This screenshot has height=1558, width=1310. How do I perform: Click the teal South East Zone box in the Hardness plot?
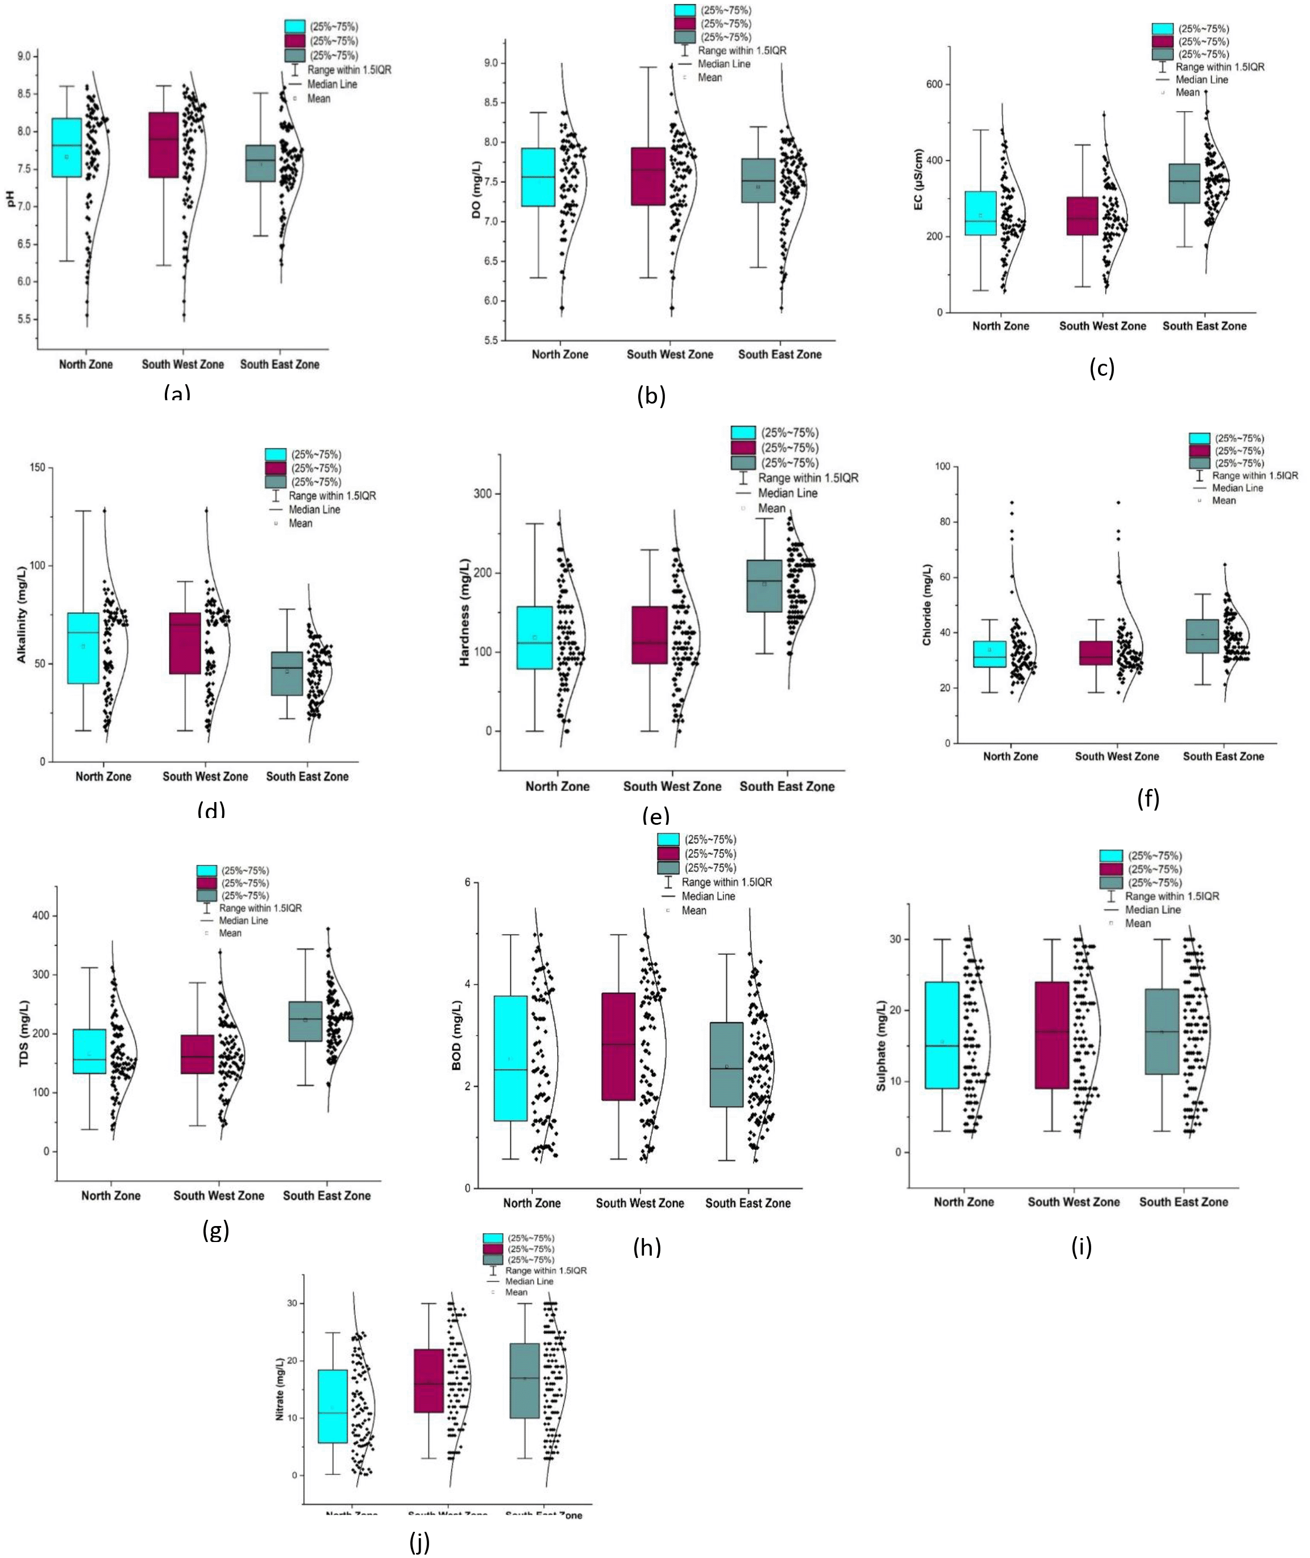[x=764, y=586]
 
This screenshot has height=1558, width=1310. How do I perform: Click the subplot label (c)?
[x=1101, y=368]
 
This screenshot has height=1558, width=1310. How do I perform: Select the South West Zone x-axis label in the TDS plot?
[x=218, y=1195]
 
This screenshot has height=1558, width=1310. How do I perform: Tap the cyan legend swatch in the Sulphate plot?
[x=1111, y=855]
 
